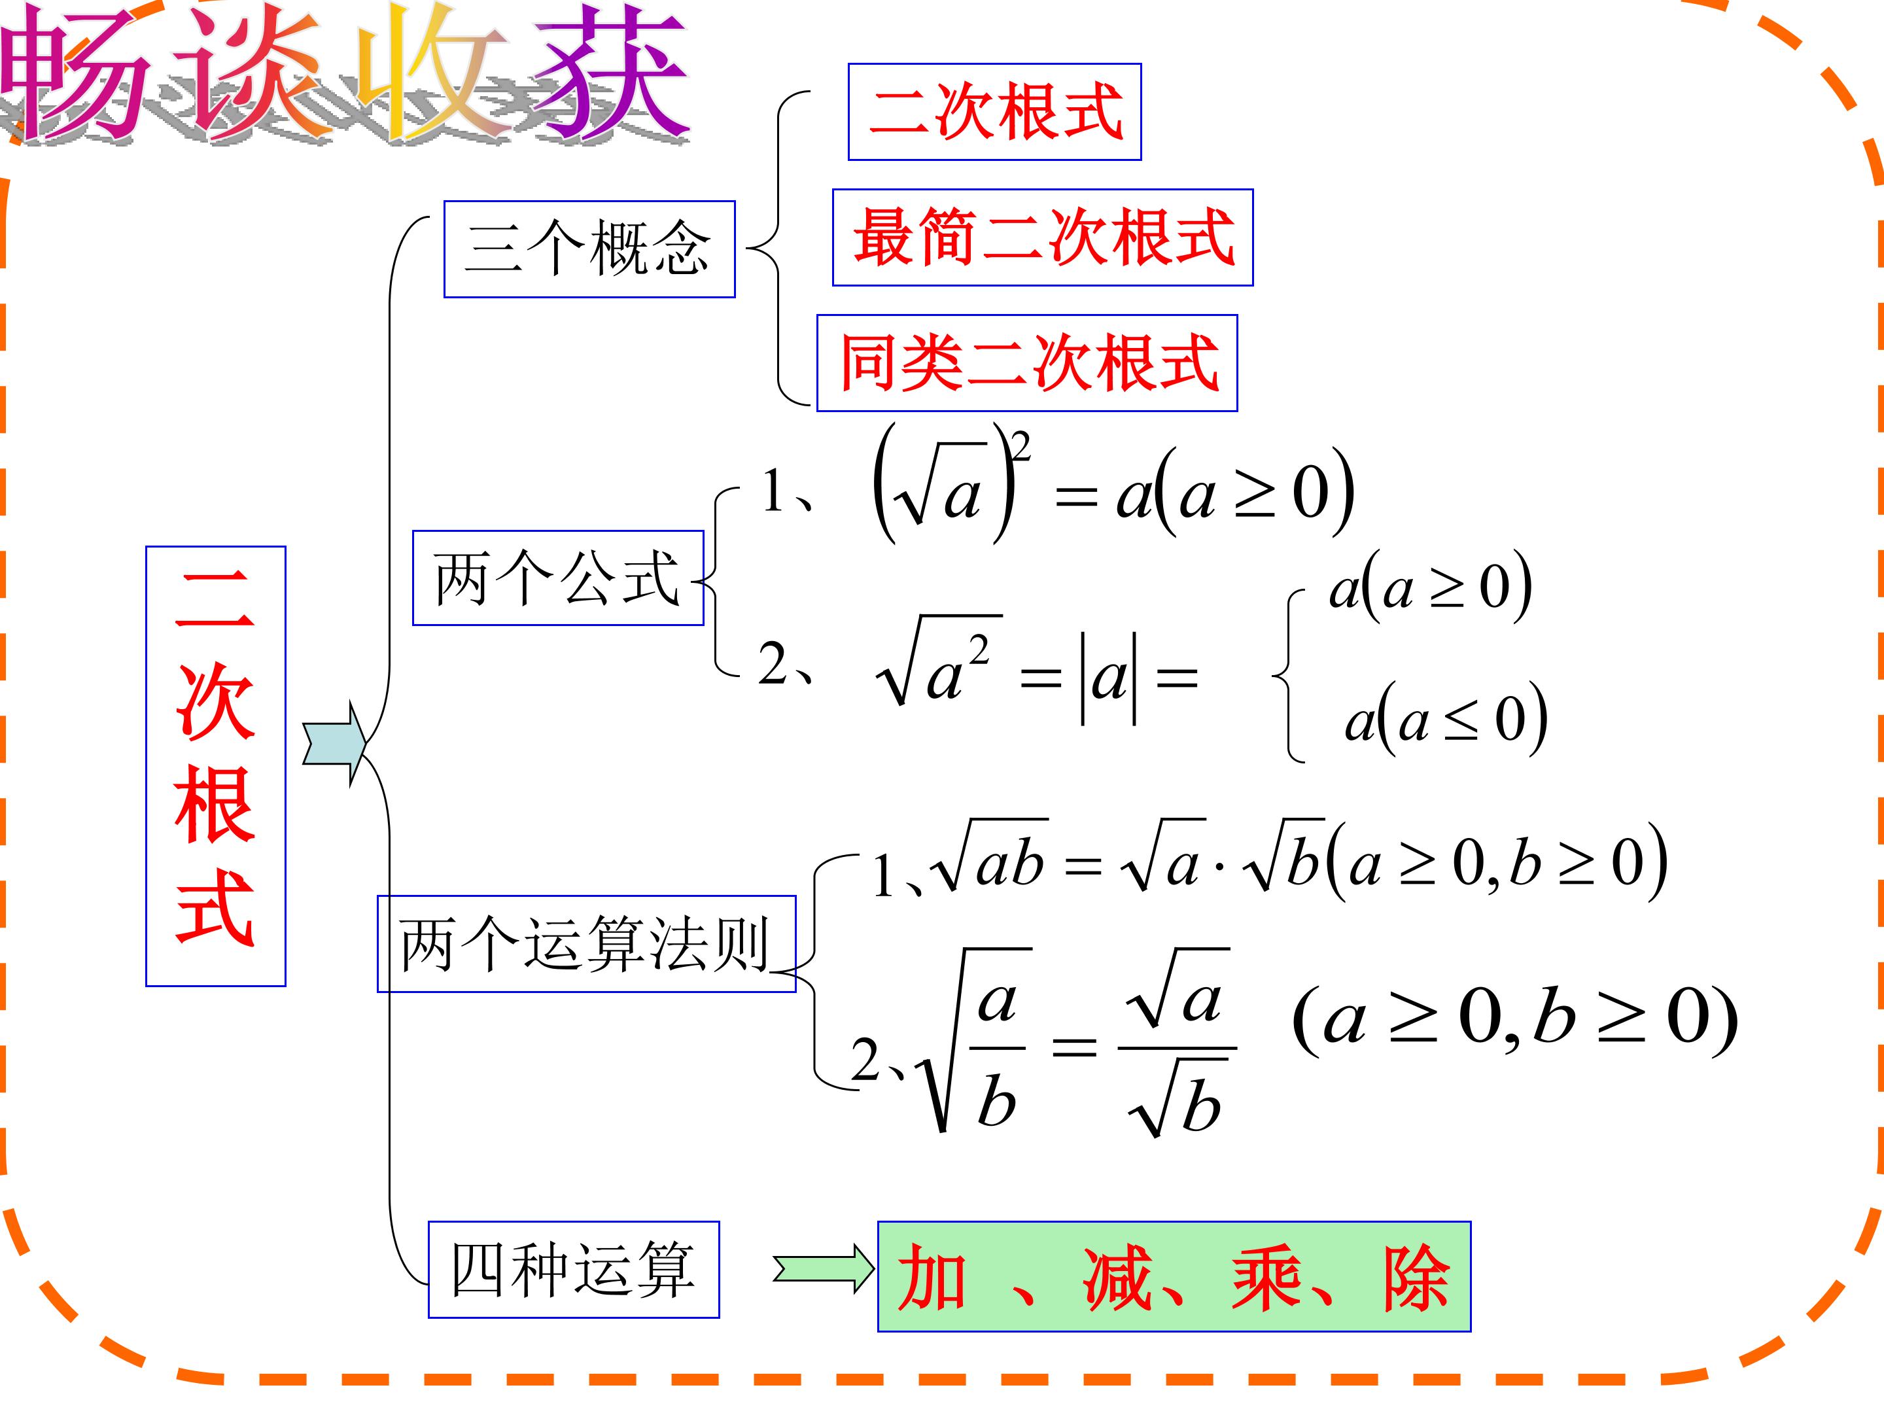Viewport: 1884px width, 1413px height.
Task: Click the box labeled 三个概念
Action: tap(589, 249)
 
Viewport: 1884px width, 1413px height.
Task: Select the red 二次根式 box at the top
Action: tap(995, 112)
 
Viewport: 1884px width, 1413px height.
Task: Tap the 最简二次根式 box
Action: tap(1043, 237)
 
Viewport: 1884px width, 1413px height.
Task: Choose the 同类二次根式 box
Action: tap(1027, 364)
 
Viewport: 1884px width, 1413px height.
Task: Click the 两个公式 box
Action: tap(558, 578)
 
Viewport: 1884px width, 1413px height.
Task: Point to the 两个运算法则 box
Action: tap(587, 944)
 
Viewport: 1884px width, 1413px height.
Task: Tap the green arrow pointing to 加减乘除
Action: tap(824, 1270)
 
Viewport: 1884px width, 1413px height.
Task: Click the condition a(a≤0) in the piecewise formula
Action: tap(1445, 718)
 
